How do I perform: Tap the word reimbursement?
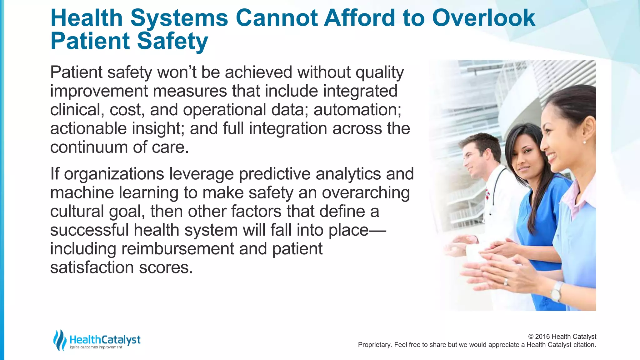(177, 249)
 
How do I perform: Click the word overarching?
(366, 193)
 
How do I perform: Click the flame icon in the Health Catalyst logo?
(59, 340)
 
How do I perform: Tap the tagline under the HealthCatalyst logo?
(96, 347)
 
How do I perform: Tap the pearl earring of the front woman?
(584, 142)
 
